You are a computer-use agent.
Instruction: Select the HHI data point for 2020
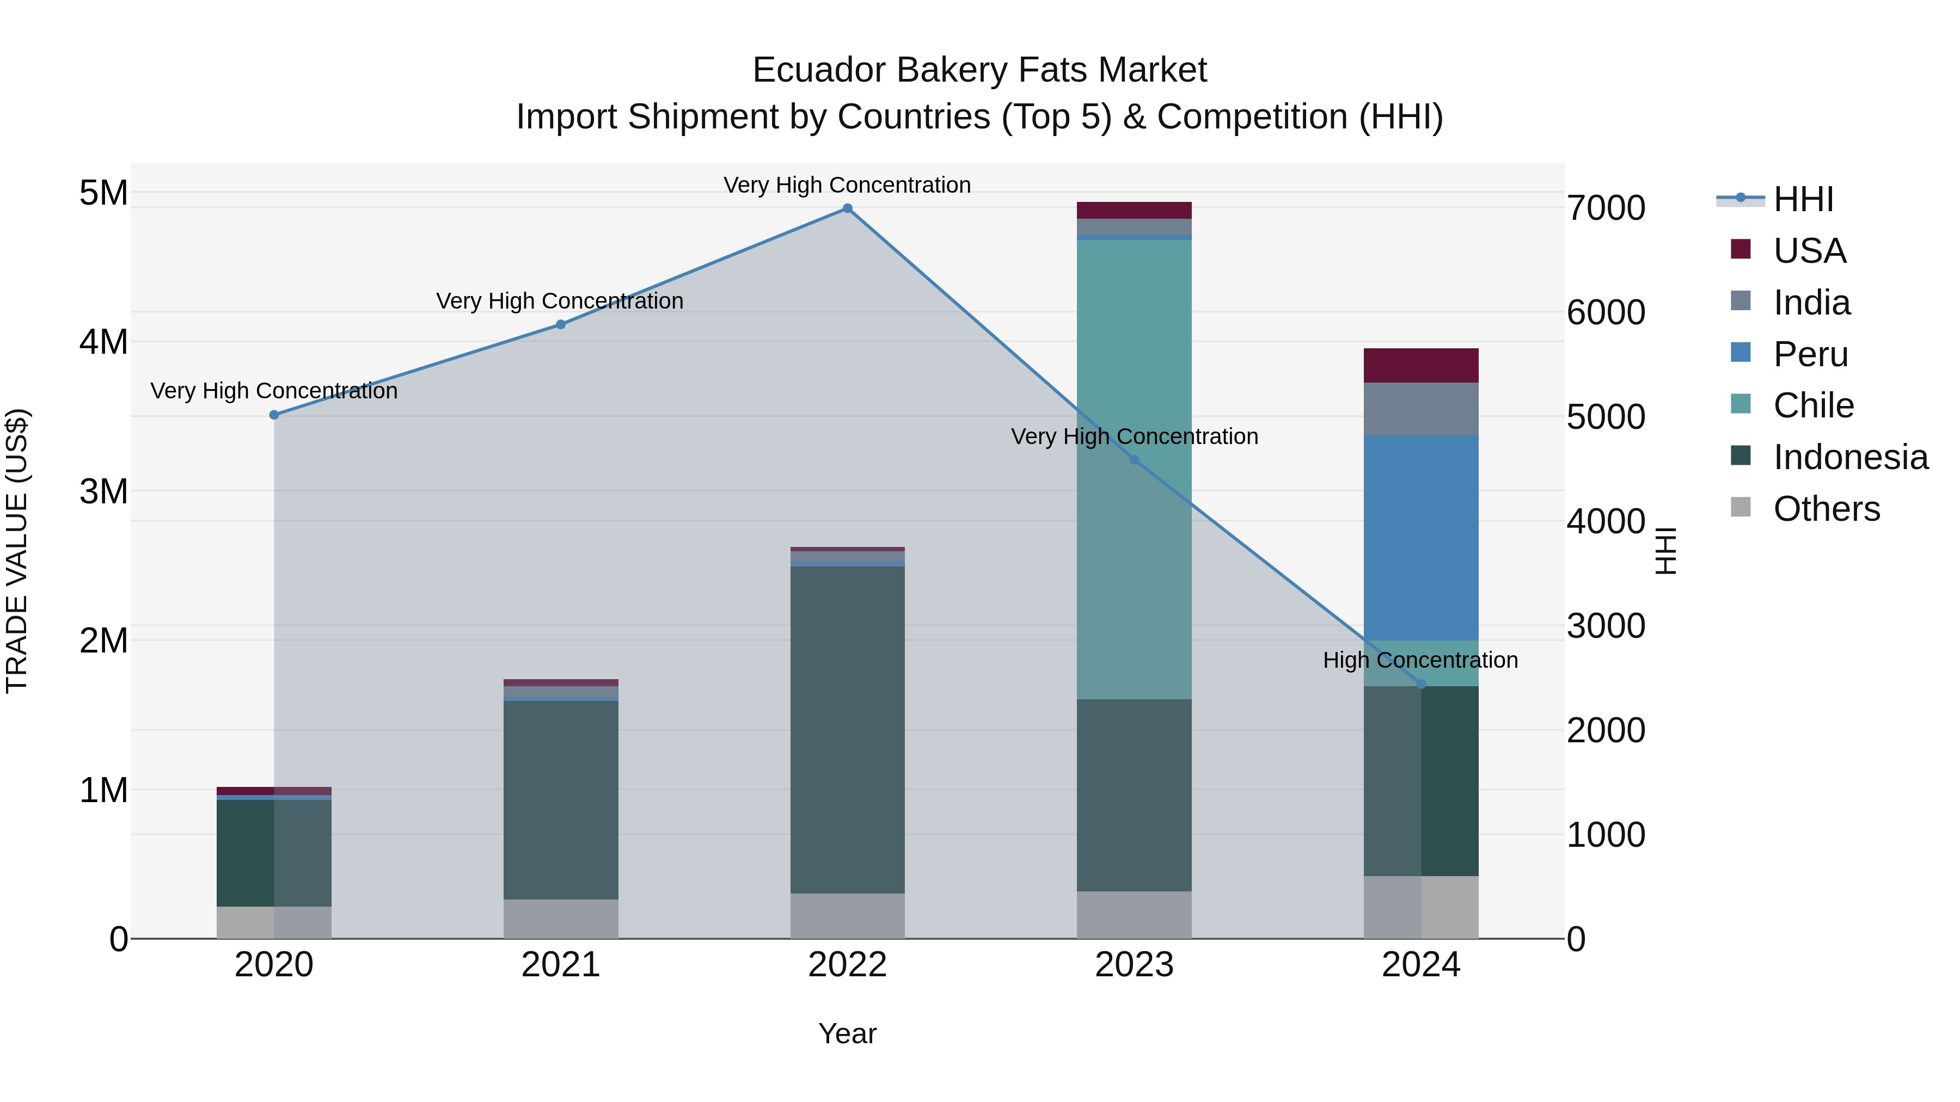pyautogui.click(x=274, y=415)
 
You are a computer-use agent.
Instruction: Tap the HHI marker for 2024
pyautogui.click(x=1420, y=685)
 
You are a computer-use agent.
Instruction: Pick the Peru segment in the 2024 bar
pyautogui.click(x=1420, y=537)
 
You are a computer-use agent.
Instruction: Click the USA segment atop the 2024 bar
pyautogui.click(x=1420, y=365)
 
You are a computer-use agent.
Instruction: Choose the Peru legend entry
pyautogui.click(x=1810, y=354)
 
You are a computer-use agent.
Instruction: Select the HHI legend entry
pyautogui.click(x=1803, y=199)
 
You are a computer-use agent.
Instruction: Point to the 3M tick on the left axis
pyautogui.click(x=103, y=491)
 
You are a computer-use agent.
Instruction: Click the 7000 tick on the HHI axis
pyautogui.click(x=1606, y=208)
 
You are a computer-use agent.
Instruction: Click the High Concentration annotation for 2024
pyautogui.click(x=1420, y=660)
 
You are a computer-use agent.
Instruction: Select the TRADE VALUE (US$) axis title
pyautogui.click(x=17, y=551)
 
